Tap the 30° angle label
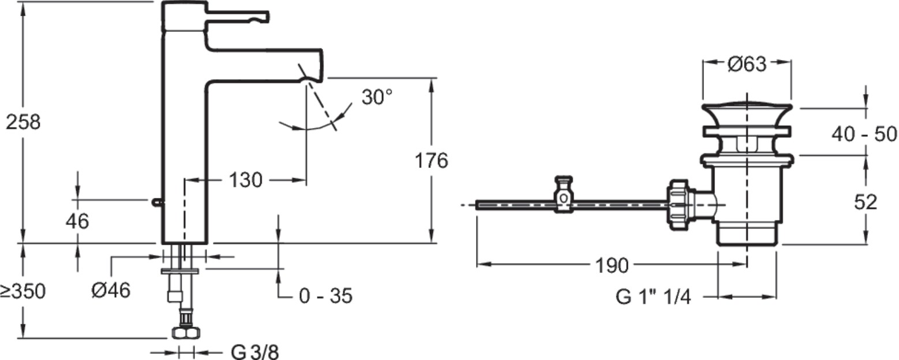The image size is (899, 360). click(377, 97)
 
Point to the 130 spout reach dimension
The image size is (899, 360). click(245, 181)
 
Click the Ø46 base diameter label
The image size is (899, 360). click(111, 290)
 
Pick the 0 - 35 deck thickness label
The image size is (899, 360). click(325, 296)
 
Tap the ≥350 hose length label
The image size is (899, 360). click(23, 291)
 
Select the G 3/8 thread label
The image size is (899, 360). click(255, 351)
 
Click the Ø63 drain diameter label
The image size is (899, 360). click(747, 65)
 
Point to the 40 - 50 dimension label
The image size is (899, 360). click(864, 134)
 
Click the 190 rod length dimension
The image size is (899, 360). click(611, 265)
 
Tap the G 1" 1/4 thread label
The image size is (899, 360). click(653, 297)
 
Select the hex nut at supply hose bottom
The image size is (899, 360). click(186, 333)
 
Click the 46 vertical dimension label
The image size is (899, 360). click(77, 221)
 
